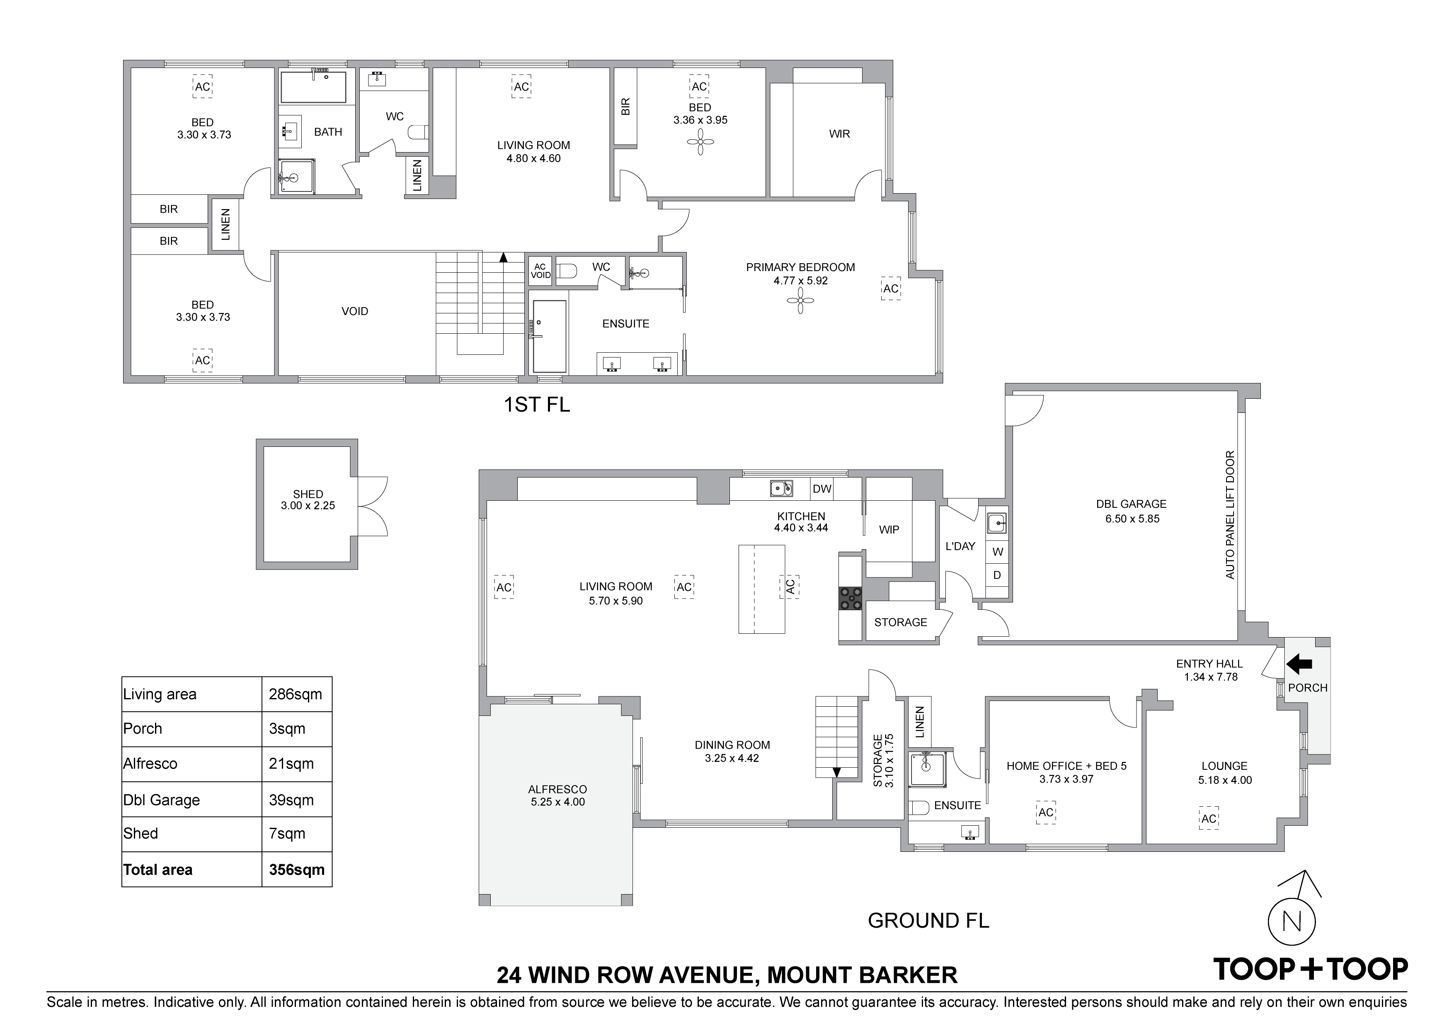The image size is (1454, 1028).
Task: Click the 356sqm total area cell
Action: tap(296, 870)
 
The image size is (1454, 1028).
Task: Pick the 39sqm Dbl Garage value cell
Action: tap(296, 800)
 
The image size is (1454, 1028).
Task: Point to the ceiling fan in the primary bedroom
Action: tap(800, 301)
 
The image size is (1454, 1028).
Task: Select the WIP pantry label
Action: tap(889, 529)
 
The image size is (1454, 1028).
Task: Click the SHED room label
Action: tap(308, 494)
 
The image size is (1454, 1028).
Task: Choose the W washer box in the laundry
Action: tap(997, 552)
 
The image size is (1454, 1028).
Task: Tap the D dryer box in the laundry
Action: tap(997, 575)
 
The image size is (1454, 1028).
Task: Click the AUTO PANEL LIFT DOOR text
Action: tap(1230, 514)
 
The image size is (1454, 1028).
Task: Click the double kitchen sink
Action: tap(781, 488)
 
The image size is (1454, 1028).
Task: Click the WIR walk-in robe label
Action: tap(839, 133)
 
